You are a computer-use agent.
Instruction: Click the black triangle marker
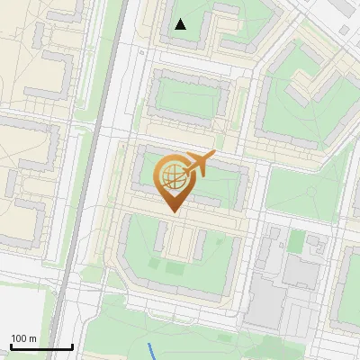[x=181, y=24]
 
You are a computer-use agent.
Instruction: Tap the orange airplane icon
[x=197, y=164]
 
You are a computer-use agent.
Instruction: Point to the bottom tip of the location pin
[x=173, y=211]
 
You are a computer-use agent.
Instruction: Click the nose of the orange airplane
[x=214, y=155]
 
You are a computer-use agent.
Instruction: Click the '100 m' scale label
[x=23, y=338]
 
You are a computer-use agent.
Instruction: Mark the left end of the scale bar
[x=11, y=346]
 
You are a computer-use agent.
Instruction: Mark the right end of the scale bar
[x=72, y=346]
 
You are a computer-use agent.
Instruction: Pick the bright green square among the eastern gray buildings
[x=297, y=240]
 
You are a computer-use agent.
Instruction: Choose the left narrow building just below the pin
[x=162, y=236]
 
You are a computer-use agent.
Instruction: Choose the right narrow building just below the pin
[x=199, y=243]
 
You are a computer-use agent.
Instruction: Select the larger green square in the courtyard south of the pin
[x=175, y=267]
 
